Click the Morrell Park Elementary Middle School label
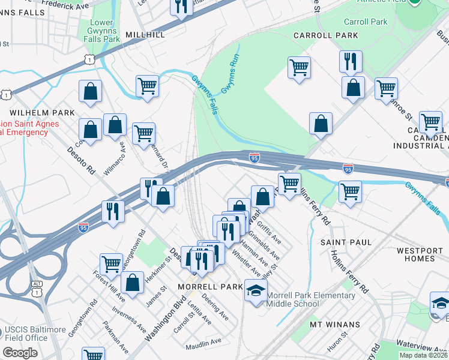pyautogui.click(x=310, y=299)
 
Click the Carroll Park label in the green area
pyautogui.click(x=366, y=22)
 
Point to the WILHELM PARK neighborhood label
pyautogui.click(x=41, y=113)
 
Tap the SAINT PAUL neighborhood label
pyautogui.click(x=346, y=242)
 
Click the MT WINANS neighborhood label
pyautogui.click(x=335, y=325)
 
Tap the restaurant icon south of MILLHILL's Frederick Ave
pyautogui.click(x=181, y=7)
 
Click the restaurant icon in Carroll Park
pyautogui.click(x=349, y=61)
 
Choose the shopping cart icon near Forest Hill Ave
pyautogui.click(x=112, y=263)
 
